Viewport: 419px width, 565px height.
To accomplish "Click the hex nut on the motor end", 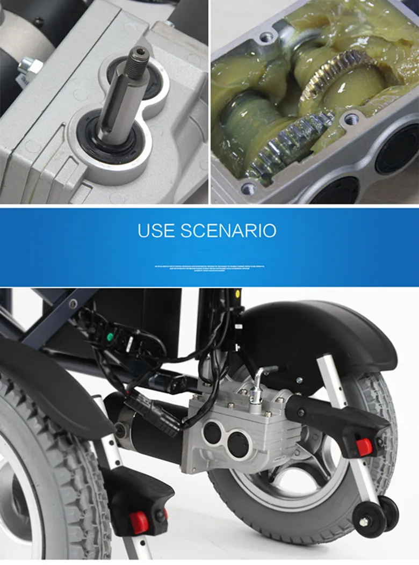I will pos(27,67).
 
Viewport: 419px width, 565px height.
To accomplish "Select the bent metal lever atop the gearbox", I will pos(261,378).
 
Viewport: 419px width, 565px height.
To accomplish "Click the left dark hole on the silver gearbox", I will pos(212,433).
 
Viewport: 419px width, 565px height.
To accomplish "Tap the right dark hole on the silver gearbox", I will pos(237,444).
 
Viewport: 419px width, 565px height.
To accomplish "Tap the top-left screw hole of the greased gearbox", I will pos(266,38).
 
